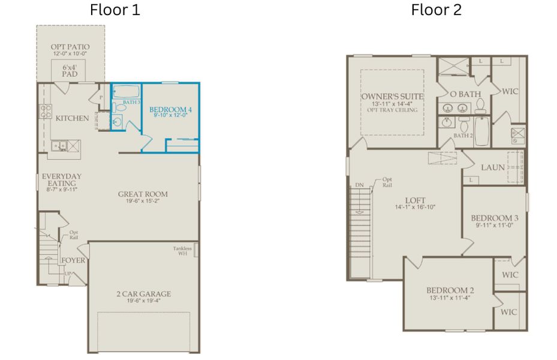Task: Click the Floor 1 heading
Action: click(115, 10)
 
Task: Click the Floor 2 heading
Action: click(436, 10)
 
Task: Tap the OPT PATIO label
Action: click(70, 47)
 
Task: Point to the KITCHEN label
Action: click(73, 118)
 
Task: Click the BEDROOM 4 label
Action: click(171, 109)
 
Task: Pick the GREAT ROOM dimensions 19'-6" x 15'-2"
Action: click(143, 202)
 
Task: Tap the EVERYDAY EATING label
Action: click(58, 180)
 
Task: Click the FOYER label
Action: click(73, 260)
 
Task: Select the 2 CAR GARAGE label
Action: click(143, 294)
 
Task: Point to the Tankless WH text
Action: click(182, 251)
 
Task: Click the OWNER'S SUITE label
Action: click(392, 96)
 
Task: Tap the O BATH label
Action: click(465, 94)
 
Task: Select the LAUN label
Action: click(492, 167)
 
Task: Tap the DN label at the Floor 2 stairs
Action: click(359, 185)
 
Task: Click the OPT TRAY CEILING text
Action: click(392, 110)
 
